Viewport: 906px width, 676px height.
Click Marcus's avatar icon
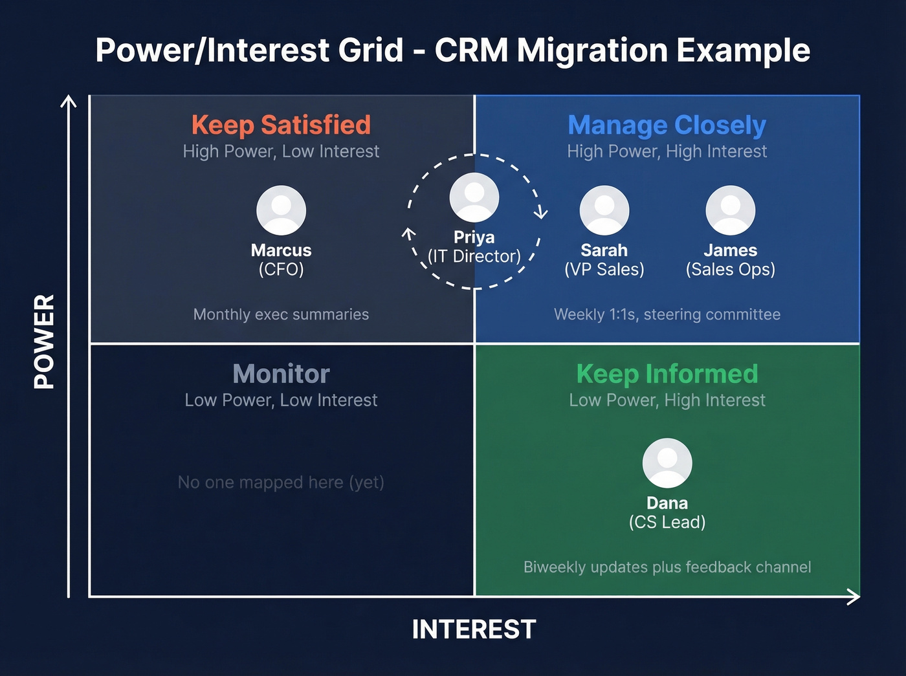click(x=281, y=210)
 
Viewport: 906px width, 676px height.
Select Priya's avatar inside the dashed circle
click(x=474, y=197)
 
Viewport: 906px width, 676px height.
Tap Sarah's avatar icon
click(x=604, y=210)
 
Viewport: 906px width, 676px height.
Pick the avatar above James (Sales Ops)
click(x=730, y=210)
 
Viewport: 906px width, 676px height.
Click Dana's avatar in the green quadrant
click(x=667, y=463)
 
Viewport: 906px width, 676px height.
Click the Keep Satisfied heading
click(x=281, y=125)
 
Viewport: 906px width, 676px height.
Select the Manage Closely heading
click(x=667, y=125)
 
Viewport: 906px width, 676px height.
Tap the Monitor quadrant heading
click(x=281, y=374)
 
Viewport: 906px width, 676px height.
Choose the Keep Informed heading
click(x=667, y=374)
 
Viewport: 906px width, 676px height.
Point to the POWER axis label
click(x=44, y=341)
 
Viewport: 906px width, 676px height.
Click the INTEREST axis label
click(x=474, y=629)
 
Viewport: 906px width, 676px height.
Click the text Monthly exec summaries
click(x=281, y=314)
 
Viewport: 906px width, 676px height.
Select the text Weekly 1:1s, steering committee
click(x=667, y=314)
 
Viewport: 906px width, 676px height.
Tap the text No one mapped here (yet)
click(x=281, y=483)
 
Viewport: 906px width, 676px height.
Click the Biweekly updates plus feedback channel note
click(x=667, y=567)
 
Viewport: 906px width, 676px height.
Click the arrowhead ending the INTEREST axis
click(x=855, y=596)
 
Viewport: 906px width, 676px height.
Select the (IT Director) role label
click(x=474, y=257)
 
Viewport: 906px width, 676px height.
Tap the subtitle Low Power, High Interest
click(x=667, y=400)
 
